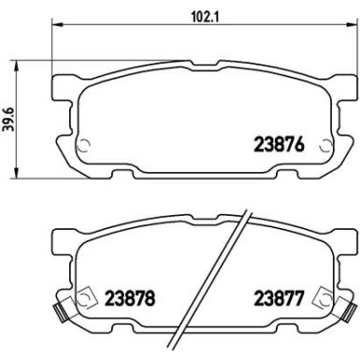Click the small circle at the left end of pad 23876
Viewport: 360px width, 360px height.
click(x=81, y=145)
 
